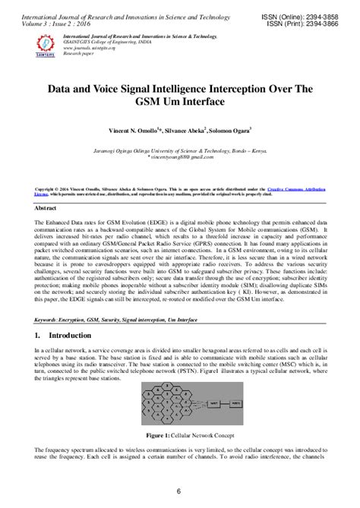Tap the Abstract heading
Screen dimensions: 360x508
[x=49, y=207]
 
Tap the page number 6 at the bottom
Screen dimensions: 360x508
[x=179, y=491]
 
